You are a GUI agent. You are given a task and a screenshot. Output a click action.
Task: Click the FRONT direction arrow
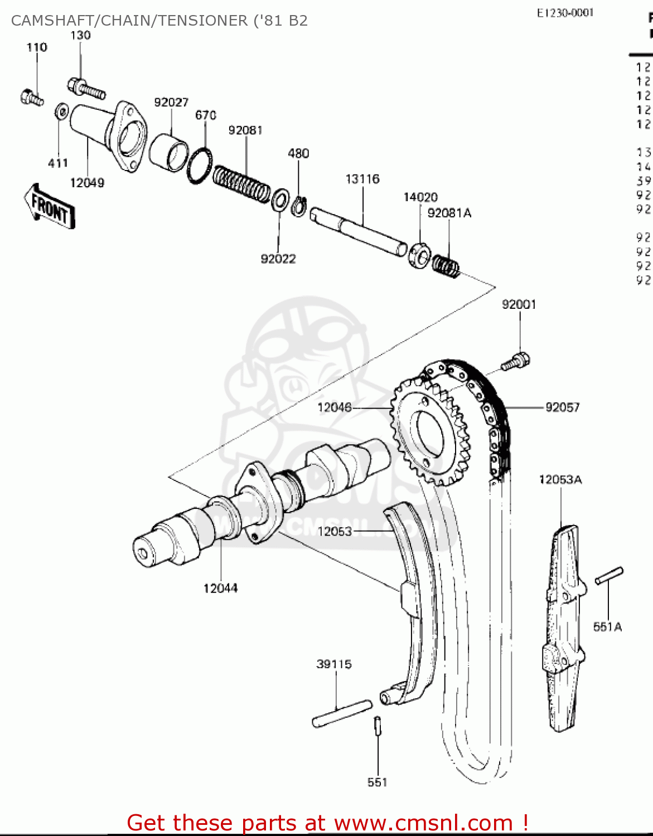[x=50, y=207]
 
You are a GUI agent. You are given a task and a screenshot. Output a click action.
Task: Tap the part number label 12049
[x=87, y=183]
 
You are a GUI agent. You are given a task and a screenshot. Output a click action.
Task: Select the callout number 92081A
[x=449, y=213]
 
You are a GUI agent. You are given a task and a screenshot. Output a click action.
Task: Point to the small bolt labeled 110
[x=31, y=98]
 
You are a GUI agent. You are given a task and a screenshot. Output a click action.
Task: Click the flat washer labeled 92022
[x=280, y=200]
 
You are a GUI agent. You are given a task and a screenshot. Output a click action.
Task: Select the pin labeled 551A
[x=609, y=576]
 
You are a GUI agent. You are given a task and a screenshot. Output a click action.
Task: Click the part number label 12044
[x=220, y=589]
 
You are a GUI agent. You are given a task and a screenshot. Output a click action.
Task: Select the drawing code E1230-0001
[x=565, y=13]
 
